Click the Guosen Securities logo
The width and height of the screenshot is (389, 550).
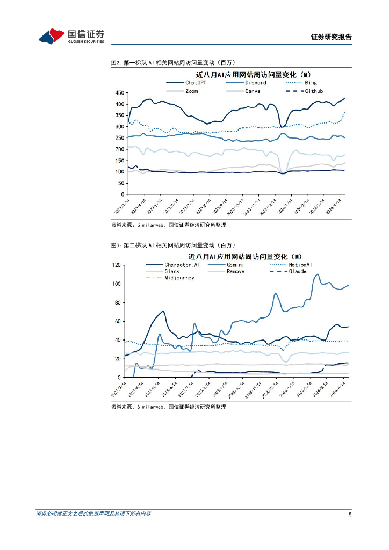coord(71,36)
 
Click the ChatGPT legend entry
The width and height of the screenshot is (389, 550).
coord(196,83)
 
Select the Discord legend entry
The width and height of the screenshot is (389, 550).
coord(255,83)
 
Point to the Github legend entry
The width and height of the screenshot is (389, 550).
coord(314,91)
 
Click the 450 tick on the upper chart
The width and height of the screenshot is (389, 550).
coord(119,92)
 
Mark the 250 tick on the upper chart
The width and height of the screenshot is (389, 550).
coord(119,138)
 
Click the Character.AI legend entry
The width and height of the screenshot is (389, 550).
coord(182,265)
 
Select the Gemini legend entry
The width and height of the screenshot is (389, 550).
coord(236,265)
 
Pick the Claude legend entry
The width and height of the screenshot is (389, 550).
coord(297,271)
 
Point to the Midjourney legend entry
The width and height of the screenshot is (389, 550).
coord(179,278)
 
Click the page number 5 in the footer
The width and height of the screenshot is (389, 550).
coord(350,514)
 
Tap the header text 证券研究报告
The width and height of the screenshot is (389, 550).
coord(331,37)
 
